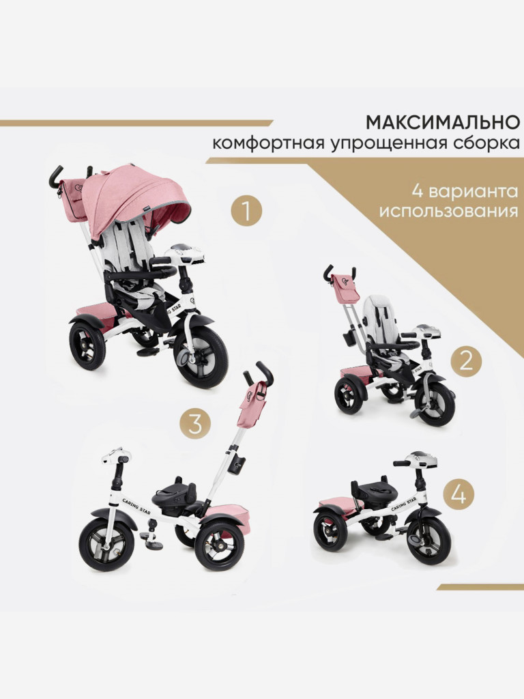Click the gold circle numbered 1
[x=246, y=212]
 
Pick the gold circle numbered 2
[x=466, y=361]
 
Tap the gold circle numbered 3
[x=195, y=425]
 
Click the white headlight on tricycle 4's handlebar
[x=418, y=459]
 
